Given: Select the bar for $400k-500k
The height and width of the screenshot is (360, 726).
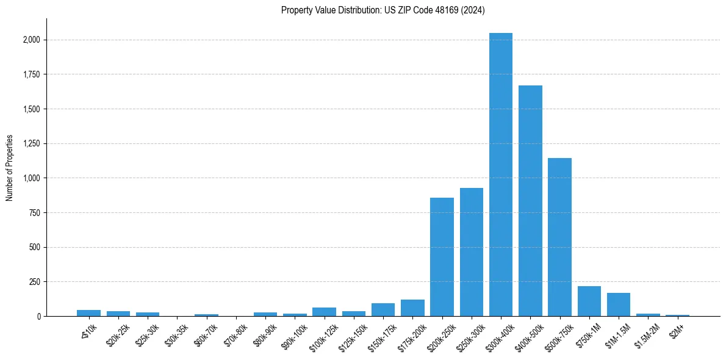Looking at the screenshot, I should pyautogui.click(x=530, y=201).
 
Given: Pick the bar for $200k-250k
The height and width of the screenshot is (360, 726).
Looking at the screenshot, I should pyautogui.click(x=442, y=257).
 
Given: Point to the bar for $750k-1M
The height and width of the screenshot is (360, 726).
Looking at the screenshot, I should pyautogui.click(x=589, y=301).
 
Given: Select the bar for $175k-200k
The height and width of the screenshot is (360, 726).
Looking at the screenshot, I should pyautogui.click(x=412, y=308).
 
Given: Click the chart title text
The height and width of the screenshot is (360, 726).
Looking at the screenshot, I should pyautogui.click(x=383, y=10).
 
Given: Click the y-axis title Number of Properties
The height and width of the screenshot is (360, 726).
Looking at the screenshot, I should pyautogui.click(x=10, y=167).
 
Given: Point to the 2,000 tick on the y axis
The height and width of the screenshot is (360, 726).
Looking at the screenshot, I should pyautogui.click(x=31, y=40).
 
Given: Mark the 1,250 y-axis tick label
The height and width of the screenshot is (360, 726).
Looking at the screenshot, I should pyautogui.click(x=31, y=144).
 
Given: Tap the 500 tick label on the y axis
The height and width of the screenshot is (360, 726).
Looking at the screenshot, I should pyautogui.click(x=35, y=248).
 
